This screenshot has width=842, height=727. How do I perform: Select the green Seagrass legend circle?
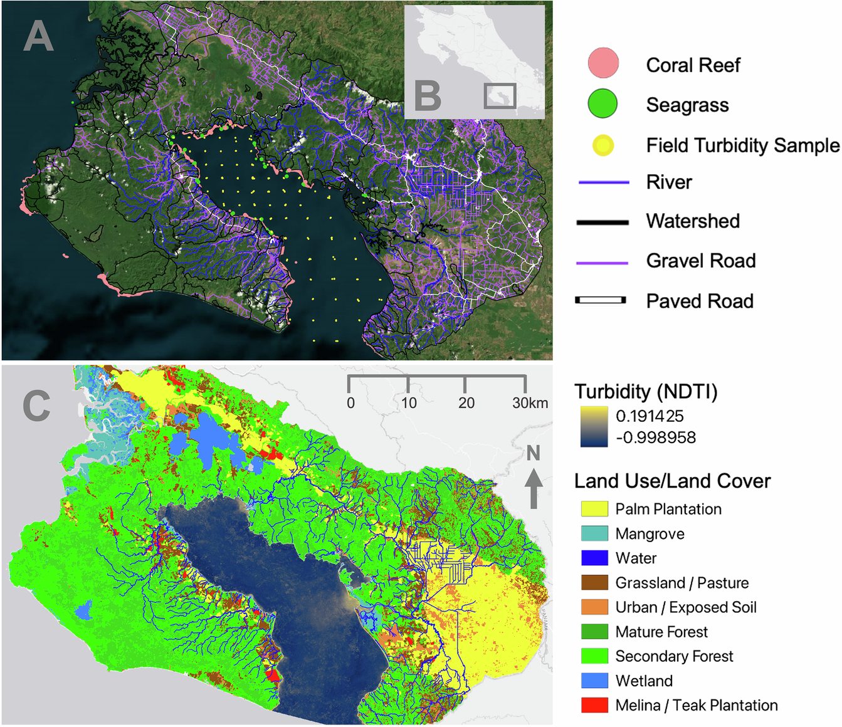point(603,104)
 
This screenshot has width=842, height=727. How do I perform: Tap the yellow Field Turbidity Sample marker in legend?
point(603,145)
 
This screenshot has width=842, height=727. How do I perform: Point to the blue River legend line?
point(603,182)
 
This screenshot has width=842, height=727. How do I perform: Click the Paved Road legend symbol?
point(601,301)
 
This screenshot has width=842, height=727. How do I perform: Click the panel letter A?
point(38,36)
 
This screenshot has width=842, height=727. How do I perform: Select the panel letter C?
point(36,405)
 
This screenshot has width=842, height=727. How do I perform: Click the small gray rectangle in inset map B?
point(500,96)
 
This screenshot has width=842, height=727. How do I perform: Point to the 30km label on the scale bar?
point(530,403)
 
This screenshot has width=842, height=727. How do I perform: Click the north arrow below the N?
point(534,489)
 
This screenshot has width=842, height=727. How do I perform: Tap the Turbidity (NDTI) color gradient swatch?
point(593,426)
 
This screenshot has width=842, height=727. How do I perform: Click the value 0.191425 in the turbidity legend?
point(650,416)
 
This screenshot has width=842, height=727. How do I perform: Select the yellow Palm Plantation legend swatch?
point(594,509)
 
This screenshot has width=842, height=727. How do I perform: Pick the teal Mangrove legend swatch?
point(594,533)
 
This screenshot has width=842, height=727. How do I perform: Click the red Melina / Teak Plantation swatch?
point(594,705)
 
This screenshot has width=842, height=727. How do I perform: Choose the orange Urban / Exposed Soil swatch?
point(594,607)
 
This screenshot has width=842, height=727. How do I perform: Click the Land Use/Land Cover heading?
point(672,481)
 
